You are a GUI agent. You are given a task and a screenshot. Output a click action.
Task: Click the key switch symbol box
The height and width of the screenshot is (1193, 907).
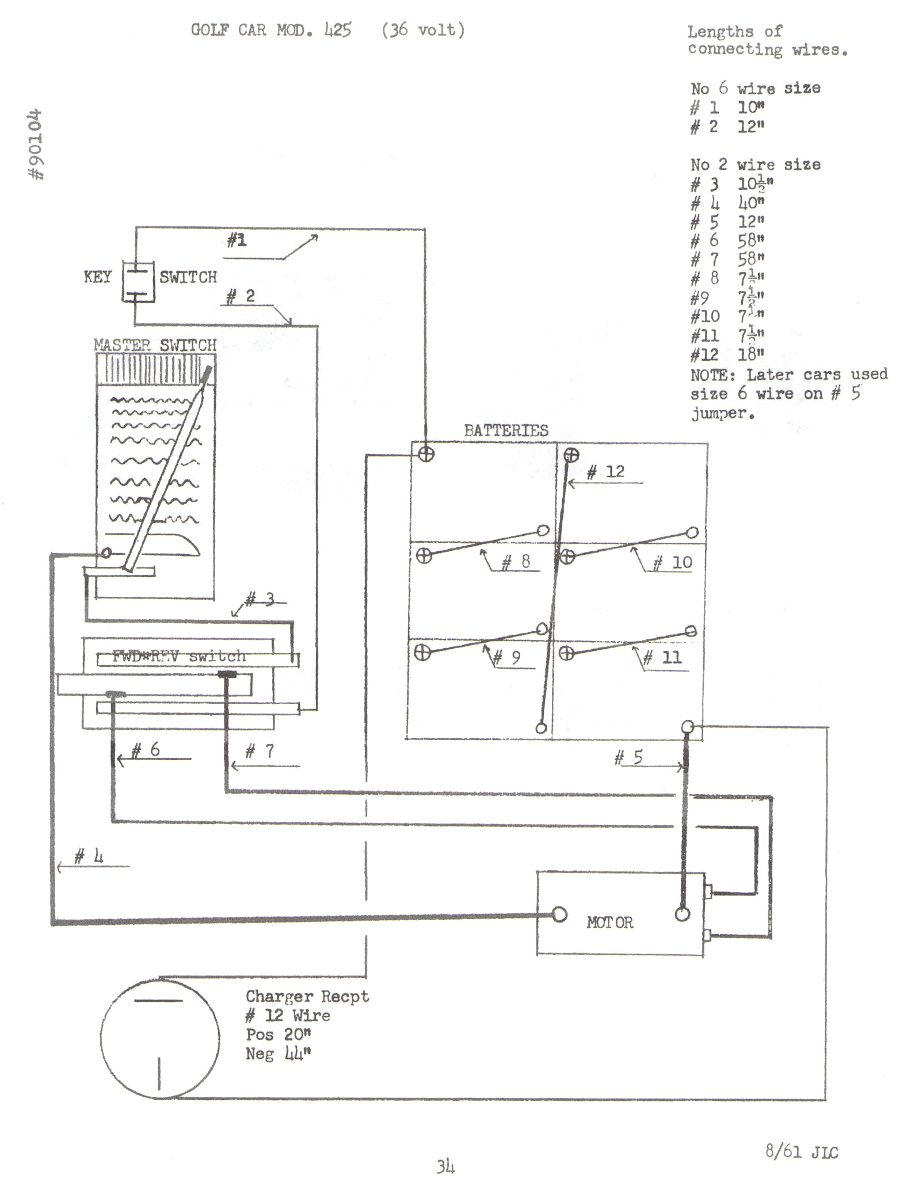138,281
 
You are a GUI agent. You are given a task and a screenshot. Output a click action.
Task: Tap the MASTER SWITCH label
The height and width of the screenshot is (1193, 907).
155,345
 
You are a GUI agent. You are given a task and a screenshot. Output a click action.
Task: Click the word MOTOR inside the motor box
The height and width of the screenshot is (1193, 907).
609,923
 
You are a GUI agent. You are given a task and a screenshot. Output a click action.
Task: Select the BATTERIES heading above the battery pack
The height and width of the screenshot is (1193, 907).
506,430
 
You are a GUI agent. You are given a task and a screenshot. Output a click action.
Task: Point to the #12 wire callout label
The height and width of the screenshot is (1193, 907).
605,472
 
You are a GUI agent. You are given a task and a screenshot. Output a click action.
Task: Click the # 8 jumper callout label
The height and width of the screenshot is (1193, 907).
516,562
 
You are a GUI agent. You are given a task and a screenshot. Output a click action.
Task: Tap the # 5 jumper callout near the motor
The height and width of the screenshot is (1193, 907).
628,757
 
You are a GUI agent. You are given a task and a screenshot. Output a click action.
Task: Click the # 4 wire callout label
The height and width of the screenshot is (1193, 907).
89,857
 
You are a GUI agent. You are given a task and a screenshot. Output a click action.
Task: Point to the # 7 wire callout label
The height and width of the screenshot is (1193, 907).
260,751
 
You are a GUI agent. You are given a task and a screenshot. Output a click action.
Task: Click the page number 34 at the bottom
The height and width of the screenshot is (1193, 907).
445,1167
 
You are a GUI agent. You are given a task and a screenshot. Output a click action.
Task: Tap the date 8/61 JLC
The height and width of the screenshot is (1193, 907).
801,1152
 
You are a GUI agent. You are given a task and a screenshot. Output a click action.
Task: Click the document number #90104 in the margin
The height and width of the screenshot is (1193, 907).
36,144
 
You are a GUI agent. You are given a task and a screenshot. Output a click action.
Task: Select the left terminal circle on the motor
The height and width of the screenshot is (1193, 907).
559,914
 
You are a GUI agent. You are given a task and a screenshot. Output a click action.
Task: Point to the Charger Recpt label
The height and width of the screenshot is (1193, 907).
307,996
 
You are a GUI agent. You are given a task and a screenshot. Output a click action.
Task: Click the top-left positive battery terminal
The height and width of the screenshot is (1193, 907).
426,455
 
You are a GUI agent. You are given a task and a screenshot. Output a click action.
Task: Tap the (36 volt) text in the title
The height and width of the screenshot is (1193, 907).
423,30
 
